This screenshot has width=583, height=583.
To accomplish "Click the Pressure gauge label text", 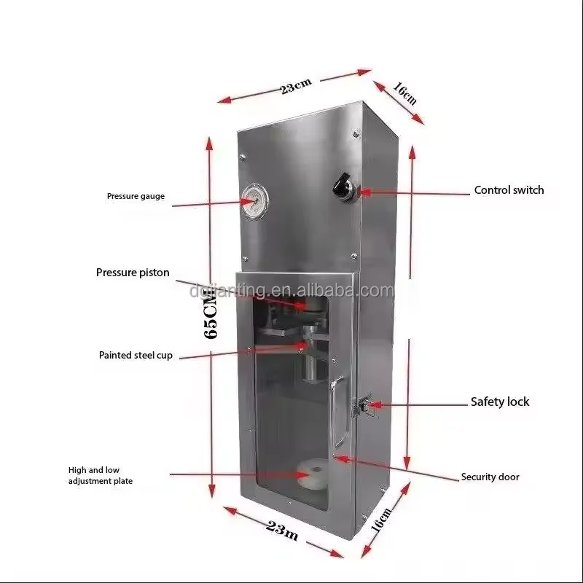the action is (136, 196).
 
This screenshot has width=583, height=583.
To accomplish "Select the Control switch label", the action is (509, 190).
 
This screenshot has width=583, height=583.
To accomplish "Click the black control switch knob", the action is (339, 186).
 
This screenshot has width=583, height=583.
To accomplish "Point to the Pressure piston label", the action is (133, 273).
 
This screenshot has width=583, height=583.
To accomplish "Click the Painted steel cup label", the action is (136, 356).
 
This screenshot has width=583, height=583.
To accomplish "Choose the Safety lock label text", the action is (499, 402).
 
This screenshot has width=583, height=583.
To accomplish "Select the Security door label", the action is (490, 477).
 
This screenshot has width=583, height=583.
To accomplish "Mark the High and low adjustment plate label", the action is (101, 476).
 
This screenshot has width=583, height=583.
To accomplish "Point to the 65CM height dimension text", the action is (211, 314).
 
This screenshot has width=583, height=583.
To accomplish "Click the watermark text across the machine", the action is (291, 291).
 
